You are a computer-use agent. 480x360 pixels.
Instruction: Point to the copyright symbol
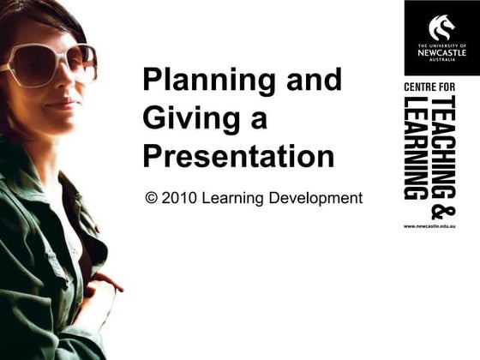pos(152,198)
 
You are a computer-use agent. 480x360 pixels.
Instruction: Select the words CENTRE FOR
pos(429,88)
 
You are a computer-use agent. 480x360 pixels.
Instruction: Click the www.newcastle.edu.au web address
pos(429,225)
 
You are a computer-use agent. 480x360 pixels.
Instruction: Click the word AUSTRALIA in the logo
pos(441,59)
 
